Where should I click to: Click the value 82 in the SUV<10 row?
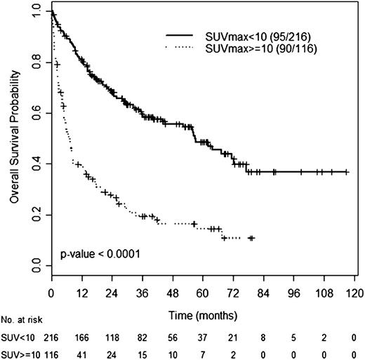(143, 337)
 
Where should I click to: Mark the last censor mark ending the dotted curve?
(251, 239)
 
